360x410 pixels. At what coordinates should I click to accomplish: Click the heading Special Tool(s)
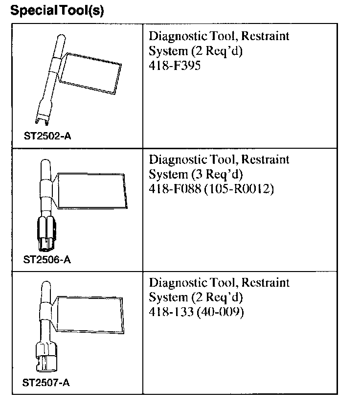pos(57,11)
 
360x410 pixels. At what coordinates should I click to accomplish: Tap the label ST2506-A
pos(47,260)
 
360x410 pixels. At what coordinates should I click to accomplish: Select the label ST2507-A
pos(46,383)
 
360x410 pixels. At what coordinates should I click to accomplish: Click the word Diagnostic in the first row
pos(173,36)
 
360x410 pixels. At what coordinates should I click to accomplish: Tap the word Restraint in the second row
pos(266,159)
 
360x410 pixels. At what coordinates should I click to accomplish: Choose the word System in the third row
pos(164,297)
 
